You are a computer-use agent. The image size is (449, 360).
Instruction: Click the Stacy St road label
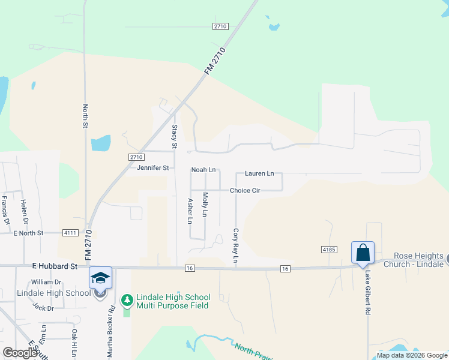pos(174,136)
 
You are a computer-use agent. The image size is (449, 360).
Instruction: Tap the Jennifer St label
pos(153,168)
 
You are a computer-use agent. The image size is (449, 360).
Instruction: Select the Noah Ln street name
pos(203,170)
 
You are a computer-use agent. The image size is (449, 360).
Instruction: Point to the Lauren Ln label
pos(259,173)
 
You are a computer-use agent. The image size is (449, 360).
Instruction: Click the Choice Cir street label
pos(244,190)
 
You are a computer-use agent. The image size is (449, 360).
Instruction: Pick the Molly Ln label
pos(205,205)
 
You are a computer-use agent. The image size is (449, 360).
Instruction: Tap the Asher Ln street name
pos(190,211)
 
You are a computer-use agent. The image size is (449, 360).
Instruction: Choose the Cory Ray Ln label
pos(236,246)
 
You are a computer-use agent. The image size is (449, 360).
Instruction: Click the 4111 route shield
pos(70,232)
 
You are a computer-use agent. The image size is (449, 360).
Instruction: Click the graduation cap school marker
pos(100,277)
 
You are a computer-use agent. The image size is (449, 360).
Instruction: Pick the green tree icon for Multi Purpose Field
pos(127,299)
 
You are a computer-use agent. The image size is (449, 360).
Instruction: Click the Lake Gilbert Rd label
pos(367,292)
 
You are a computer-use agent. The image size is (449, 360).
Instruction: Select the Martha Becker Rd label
pos(111,329)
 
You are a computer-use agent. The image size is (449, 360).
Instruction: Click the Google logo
pos(19,353)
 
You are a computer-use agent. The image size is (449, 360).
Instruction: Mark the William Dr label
pos(46,281)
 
